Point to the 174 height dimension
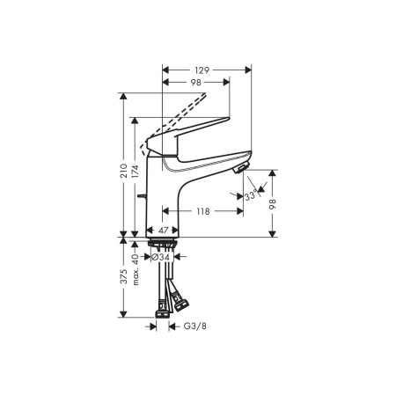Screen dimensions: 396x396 pos(134,175)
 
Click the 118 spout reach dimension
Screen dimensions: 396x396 pos(202,211)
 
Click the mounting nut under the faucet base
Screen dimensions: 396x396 pos(164,242)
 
